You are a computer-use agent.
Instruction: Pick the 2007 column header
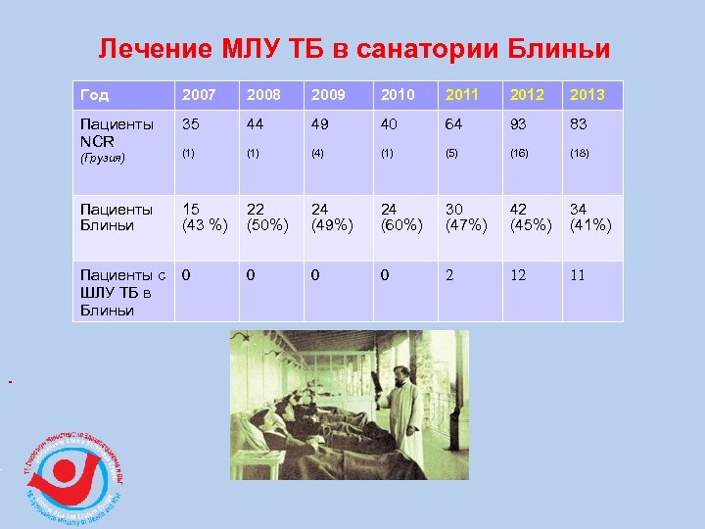click(200, 95)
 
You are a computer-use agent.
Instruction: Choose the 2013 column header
click(587, 95)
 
